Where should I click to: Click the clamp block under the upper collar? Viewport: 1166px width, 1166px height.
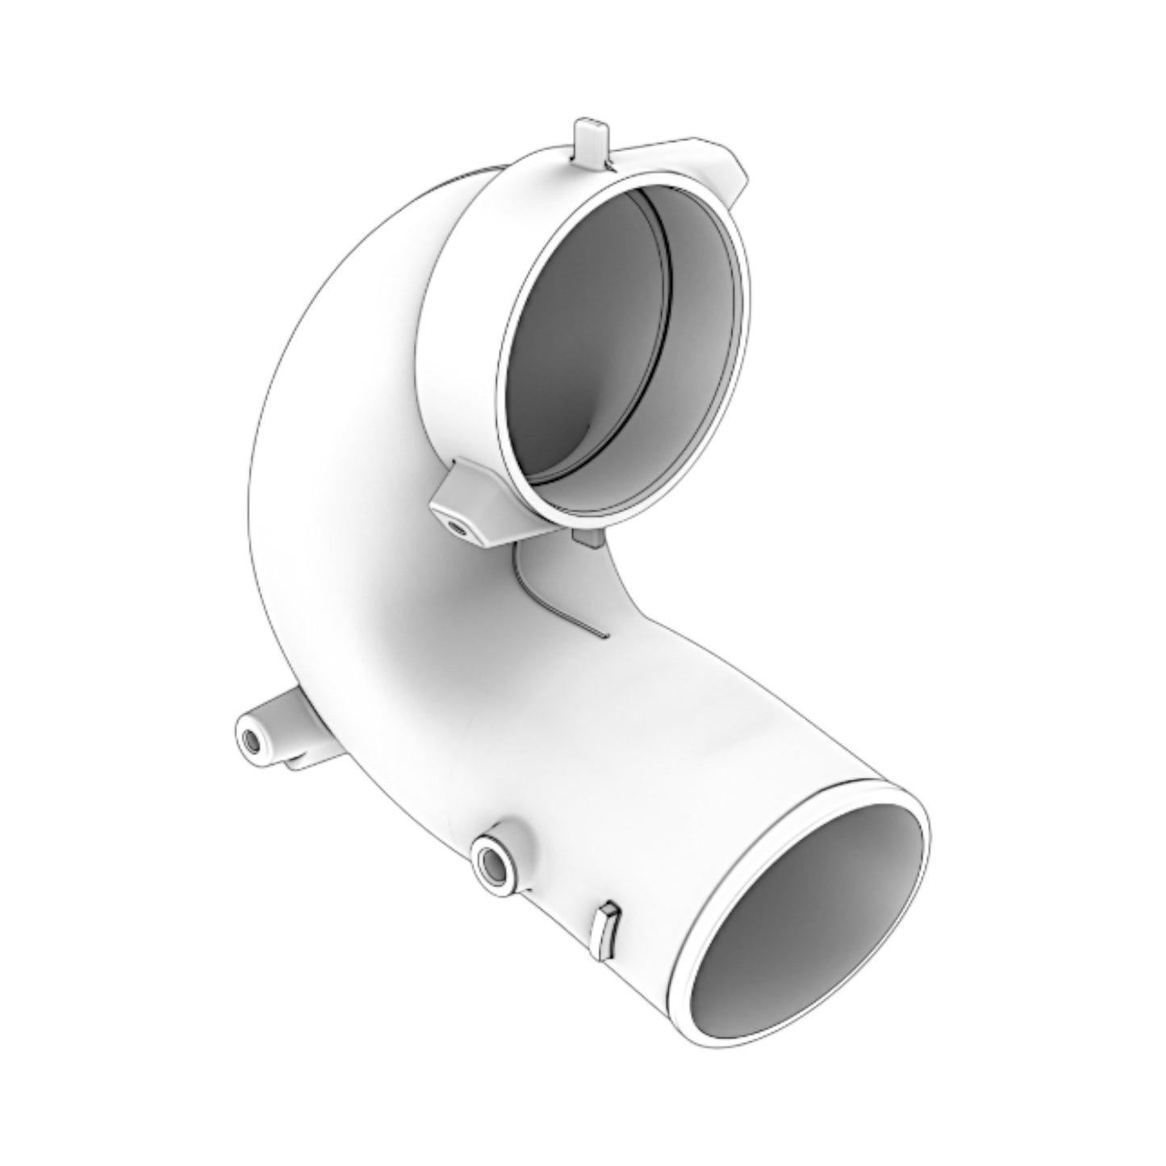(x=472, y=508)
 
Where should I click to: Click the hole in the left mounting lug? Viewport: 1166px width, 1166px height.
(x=251, y=742)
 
